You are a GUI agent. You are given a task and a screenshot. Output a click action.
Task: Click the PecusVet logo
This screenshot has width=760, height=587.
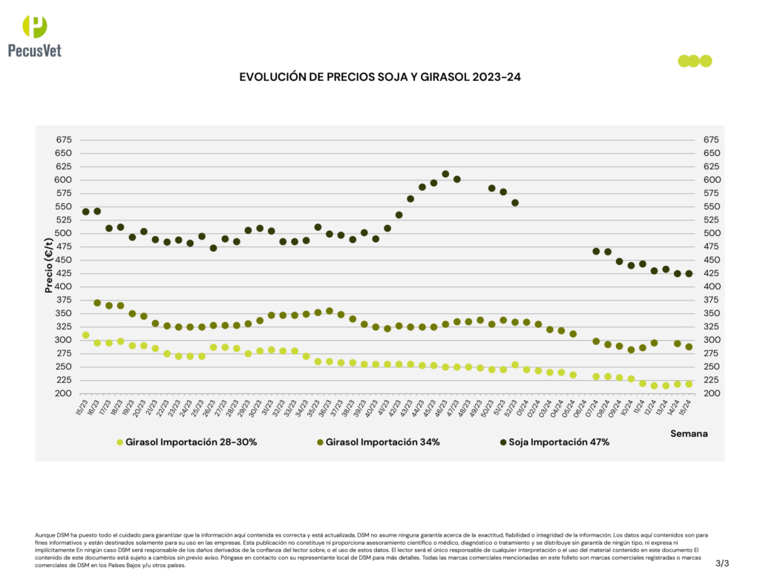(x=34, y=36)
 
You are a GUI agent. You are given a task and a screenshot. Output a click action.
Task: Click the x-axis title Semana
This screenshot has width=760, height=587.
(x=689, y=433)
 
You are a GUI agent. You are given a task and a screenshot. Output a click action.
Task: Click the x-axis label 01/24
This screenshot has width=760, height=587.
(x=524, y=405)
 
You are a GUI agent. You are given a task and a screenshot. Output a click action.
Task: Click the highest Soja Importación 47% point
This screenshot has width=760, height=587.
(x=445, y=174)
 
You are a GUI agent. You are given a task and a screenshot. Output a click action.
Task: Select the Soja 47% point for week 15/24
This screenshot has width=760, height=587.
(x=689, y=274)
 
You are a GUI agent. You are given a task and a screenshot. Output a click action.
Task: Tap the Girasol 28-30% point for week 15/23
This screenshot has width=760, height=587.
(x=85, y=335)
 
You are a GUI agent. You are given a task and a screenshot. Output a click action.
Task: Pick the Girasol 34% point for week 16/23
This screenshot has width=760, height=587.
(x=97, y=303)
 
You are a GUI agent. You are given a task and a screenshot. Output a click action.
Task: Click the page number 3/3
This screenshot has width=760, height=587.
(x=722, y=564)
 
